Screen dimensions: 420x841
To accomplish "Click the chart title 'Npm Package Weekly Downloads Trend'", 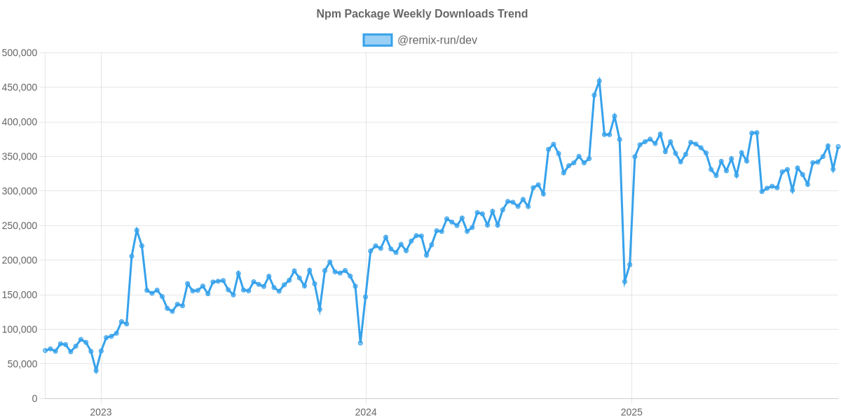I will (x=421, y=14).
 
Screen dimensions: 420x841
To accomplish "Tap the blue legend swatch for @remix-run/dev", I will (x=377, y=41).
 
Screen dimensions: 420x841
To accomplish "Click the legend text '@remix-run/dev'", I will (x=437, y=41).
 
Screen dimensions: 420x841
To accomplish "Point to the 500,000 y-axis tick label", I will (x=20, y=52).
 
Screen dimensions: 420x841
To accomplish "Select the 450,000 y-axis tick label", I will (x=20, y=87).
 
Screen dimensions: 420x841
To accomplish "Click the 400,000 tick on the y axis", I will (x=20, y=122).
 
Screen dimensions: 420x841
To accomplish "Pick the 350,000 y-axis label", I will (x=20, y=156).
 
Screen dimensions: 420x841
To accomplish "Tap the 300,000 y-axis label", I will (x=20, y=191).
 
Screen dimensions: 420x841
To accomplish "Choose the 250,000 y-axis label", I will (x=20, y=225).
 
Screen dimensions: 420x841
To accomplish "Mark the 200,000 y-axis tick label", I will (x=20, y=260).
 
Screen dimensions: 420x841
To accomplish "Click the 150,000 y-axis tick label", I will (x=20, y=295).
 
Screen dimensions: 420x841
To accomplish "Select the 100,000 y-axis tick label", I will (x=20, y=330).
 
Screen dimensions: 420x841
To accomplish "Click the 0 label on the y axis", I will (x=34, y=398).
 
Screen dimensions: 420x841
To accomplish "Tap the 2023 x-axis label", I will (x=101, y=412).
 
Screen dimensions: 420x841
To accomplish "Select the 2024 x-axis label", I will (x=365, y=412).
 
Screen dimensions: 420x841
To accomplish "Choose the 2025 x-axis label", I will (x=631, y=412).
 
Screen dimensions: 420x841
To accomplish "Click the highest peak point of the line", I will (x=599, y=80).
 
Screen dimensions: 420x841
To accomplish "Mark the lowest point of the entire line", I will (x=96, y=370).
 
